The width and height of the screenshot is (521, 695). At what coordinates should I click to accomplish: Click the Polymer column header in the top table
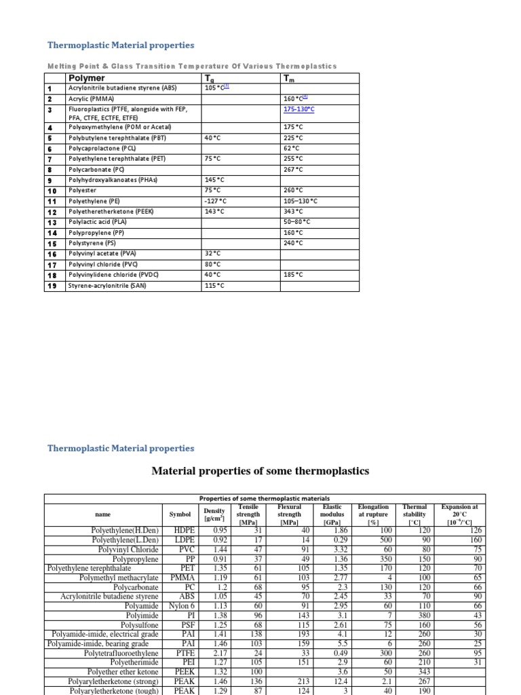coord(87,78)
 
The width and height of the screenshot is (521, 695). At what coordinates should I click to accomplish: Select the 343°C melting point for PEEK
coord(293,211)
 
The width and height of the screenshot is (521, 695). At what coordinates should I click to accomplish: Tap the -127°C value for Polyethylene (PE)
coord(216,202)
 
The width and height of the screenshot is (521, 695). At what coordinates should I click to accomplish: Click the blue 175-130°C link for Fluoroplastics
coord(299,108)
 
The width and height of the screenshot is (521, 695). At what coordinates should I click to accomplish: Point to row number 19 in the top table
coord(50,286)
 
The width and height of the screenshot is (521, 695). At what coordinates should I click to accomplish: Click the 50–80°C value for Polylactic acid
coord(296,221)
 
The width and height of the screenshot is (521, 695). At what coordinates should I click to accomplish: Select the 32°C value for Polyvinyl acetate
coord(214,253)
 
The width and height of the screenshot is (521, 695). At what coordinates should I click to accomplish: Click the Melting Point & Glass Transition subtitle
coord(191,66)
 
